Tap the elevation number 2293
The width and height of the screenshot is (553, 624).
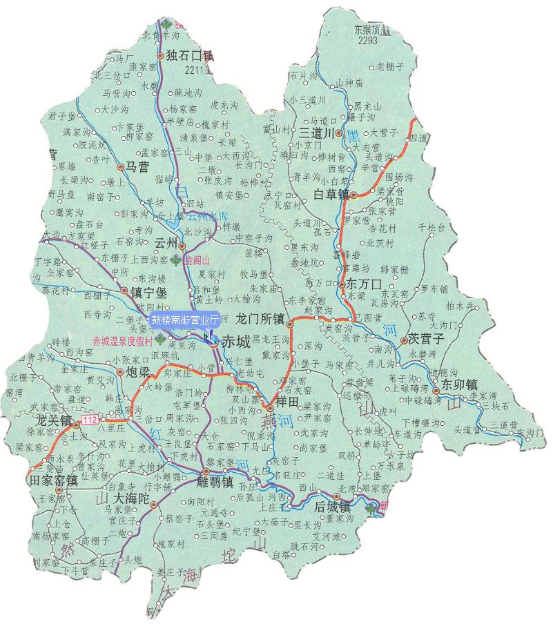pos(368,41)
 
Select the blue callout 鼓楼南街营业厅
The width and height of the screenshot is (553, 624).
pos(185,320)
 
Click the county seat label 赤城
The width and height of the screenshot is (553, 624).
pos(236,340)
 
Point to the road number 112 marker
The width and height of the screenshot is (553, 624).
pos(88,420)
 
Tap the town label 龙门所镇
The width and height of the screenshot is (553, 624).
pos(260,320)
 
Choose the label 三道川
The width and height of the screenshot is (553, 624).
pos(316,132)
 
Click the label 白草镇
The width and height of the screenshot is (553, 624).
pos(331,194)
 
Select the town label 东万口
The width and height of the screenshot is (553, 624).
pos(364,284)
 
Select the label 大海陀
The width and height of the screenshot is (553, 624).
pos(131,498)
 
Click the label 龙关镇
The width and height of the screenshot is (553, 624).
pos(53,420)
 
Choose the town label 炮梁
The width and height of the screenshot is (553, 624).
pos(137,372)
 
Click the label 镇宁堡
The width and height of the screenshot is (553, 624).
pos(148,293)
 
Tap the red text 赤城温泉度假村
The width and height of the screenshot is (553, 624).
pos(122,340)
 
